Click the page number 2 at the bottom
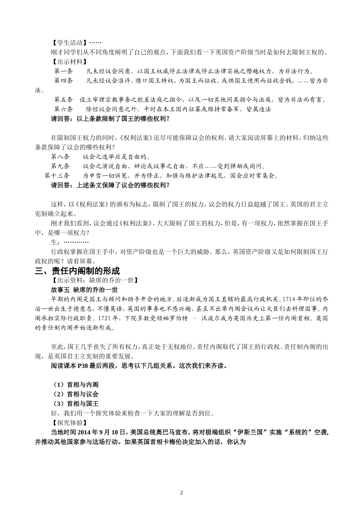click(x=181, y=492)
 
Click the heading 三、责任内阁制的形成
click(x=77, y=271)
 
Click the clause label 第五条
click(x=63, y=100)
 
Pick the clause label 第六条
click(x=63, y=109)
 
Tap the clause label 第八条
click(x=60, y=156)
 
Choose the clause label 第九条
click(x=60, y=166)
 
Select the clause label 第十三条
click(x=57, y=176)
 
